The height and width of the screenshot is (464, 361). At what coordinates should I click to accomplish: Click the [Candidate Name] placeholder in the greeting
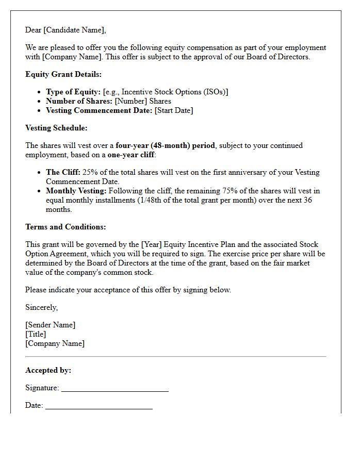tap(75, 30)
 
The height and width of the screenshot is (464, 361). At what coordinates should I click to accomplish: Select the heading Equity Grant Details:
tap(63, 74)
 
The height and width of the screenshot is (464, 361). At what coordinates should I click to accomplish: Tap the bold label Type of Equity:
tap(73, 92)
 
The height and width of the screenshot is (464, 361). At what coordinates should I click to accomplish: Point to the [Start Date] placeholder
tap(174, 110)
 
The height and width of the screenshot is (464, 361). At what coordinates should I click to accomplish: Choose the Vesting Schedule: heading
tap(56, 128)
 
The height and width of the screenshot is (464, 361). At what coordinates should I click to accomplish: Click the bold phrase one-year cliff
tap(132, 155)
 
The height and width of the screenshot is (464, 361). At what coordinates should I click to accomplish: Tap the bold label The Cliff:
tap(63, 172)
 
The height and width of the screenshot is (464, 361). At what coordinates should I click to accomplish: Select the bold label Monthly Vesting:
tap(76, 191)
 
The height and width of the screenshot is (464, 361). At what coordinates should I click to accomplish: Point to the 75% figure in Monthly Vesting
tap(229, 191)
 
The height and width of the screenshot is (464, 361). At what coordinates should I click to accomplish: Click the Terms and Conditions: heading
tap(65, 227)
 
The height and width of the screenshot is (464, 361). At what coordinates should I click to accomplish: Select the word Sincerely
tap(41, 307)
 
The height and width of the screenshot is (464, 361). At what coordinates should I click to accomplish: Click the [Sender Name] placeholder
tap(50, 325)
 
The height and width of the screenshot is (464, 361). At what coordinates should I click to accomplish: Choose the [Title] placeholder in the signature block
tap(36, 334)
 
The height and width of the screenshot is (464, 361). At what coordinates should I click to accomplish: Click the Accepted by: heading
tap(48, 370)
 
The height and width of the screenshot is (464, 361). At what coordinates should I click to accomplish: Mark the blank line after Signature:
tap(114, 390)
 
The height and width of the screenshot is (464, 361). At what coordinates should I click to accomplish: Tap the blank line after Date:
tap(99, 407)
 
